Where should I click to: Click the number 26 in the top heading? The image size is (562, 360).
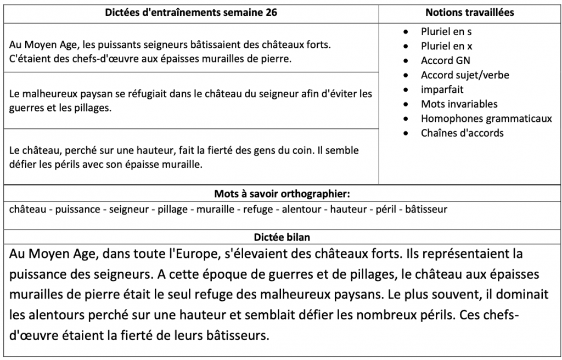[x=271, y=13]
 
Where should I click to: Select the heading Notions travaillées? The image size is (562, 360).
[x=470, y=13]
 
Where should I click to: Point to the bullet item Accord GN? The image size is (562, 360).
[x=445, y=60]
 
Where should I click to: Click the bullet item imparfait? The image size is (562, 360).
[x=442, y=89]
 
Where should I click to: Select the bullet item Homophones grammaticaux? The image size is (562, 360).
[x=486, y=119]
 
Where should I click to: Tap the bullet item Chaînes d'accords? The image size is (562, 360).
[x=462, y=133]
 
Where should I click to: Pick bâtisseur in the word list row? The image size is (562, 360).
[x=426, y=209]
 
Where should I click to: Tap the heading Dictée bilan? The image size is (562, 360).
[x=281, y=238]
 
